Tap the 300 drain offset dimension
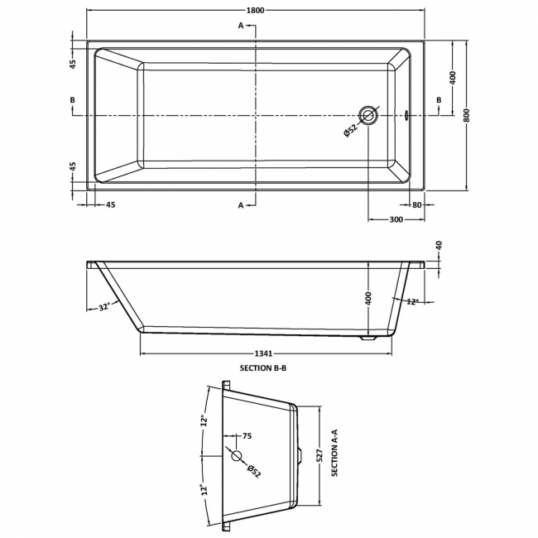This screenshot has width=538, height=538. [396, 219]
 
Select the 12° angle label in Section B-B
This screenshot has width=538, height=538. [412, 302]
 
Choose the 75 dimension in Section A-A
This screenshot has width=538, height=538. [246, 436]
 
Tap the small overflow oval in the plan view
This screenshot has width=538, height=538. [407, 116]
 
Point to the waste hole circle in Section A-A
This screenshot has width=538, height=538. [237, 455]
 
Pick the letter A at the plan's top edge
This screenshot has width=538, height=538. [242, 26]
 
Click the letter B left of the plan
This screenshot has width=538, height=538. [73, 100]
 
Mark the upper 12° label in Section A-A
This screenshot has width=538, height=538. [202, 420]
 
